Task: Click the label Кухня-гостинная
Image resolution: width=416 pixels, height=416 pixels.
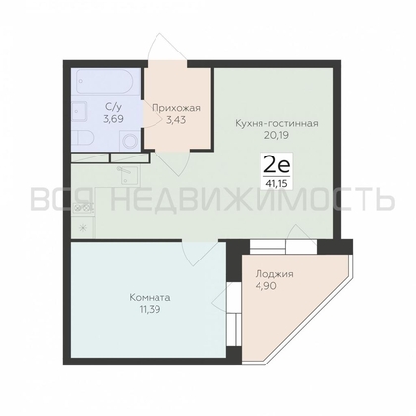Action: (276, 123)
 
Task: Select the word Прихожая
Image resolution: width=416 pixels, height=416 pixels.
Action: (176, 107)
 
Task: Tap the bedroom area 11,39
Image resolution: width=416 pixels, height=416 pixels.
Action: (151, 310)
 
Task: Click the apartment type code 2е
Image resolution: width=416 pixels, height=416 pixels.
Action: (275, 163)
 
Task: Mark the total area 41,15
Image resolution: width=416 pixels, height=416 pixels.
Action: (276, 181)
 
